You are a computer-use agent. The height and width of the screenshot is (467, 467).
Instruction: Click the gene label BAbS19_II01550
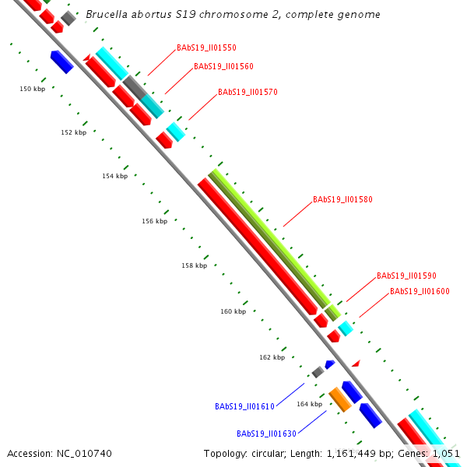pyautogui.click(x=206, y=47)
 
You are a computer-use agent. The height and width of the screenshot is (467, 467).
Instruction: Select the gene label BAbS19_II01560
pyautogui.click(x=223, y=66)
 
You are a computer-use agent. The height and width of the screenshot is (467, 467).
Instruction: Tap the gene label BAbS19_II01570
pyautogui.click(x=248, y=92)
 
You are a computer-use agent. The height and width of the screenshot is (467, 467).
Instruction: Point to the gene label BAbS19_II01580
pyautogui.click(x=342, y=199)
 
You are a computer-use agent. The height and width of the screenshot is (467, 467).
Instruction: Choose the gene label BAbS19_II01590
pyautogui.click(x=406, y=276)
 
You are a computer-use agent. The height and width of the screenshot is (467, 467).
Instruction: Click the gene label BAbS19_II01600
pyautogui.click(x=420, y=291)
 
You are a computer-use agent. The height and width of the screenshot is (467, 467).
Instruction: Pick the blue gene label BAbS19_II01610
pyautogui.click(x=244, y=406)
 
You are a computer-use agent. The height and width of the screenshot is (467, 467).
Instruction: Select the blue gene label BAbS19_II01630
pyautogui.click(x=266, y=434)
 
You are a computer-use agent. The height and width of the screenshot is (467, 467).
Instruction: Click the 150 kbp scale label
pyautogui.click(x=32, y=90)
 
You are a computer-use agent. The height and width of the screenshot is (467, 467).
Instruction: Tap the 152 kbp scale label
pyautogui.click(x=73, y=132)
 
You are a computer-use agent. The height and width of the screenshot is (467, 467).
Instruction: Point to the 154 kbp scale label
pyautogui.click(x=114, y=176)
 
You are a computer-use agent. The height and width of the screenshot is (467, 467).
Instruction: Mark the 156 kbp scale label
pyautogui.click(x=154, y=221)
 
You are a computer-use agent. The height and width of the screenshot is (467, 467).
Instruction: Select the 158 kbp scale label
pyautogui.click(x=194, y=265)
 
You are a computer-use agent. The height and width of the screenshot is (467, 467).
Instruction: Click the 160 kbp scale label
pyautogui.click(x=233, y=311)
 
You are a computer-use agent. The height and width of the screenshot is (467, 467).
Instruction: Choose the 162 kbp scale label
pyautogui.click(x=272, y=357)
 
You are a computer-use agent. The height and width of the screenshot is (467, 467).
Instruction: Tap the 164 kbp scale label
pyautogui.click(x=309, y=404)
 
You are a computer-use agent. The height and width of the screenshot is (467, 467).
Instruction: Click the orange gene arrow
pyautogui.click(x=340, y=399)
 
